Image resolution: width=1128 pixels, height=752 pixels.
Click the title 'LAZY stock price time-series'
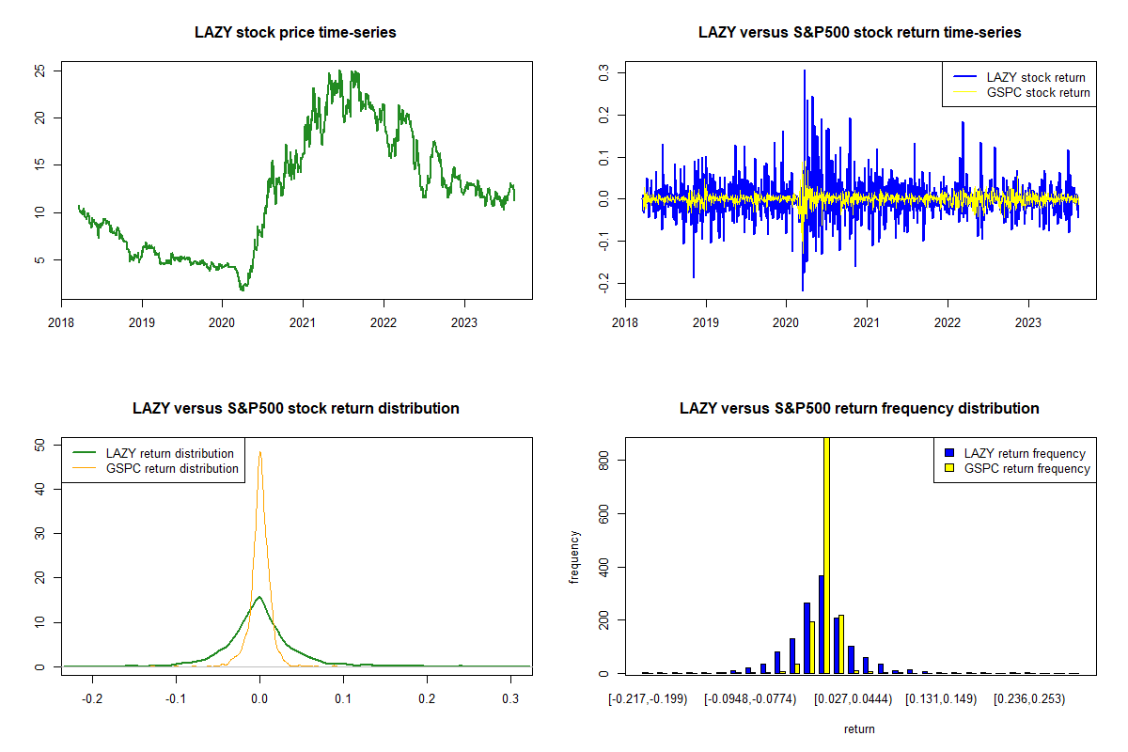(295, 32)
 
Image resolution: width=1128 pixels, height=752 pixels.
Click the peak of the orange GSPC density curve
(260, 452)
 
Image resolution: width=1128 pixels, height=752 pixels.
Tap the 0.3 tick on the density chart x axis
(510, 698)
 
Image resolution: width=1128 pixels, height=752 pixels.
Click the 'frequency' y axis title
(574, 557)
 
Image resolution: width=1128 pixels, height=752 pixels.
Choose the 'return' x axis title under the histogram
(859, 728)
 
